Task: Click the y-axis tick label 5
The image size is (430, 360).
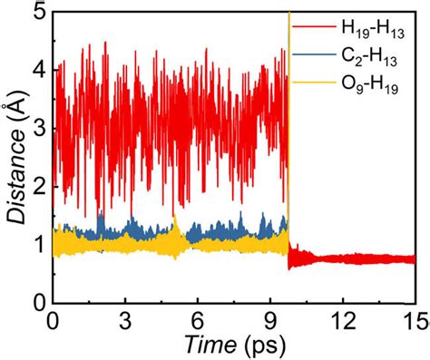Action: coord(34,12)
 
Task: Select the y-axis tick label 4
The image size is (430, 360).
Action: coord(34,70)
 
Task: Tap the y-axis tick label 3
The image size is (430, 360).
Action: coord(34,128)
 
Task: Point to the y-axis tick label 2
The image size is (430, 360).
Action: coord(34,186)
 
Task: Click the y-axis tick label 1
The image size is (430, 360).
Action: coord(34,244)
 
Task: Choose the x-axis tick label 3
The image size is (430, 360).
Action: coord(126,321)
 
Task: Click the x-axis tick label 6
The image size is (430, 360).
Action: coord(198,321)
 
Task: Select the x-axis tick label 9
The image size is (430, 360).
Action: coord(269,321)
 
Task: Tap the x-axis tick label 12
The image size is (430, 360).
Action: coord(342,321)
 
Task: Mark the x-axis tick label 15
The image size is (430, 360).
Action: coord(413,321)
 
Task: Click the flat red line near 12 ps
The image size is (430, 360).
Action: coord(342,258)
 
